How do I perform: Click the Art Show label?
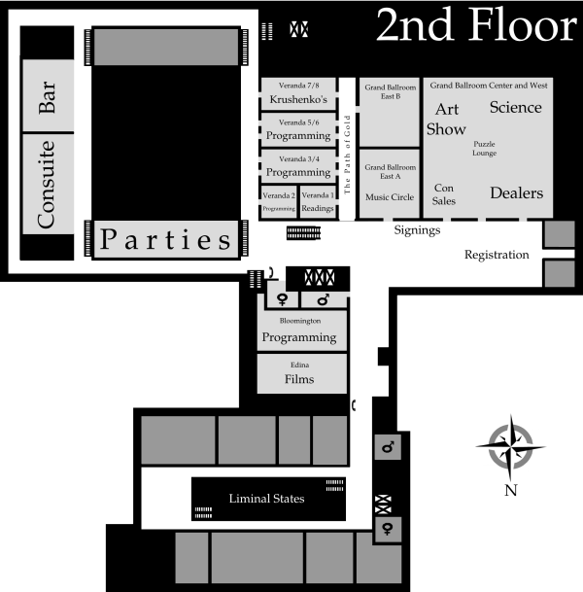(x=446, y=119)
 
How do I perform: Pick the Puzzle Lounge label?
(x=485, y=149)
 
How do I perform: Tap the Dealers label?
(x=516, y=192)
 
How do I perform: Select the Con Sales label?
(x=444, y=194)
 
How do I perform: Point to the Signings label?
(x=418, y=231)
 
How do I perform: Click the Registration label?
(x=496, y=255)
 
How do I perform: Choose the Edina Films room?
(x=300, y=374)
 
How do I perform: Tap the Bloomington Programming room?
(x=300, y=331)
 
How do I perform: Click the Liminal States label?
(x=266, y=499)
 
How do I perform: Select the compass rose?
(x=510, y=446)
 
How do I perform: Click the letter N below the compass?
(x=510, y=490)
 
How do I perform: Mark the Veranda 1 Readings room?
(x=318, y=201)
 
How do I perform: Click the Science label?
(x=515, y=107)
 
